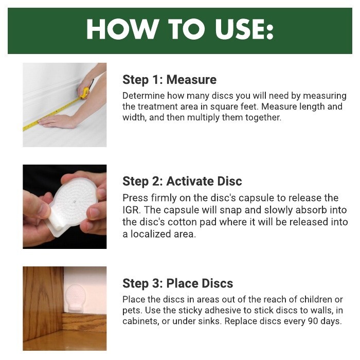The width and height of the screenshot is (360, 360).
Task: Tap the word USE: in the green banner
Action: pyautogui.click(x=244, y=29)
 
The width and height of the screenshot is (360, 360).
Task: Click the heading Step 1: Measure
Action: pyautogui.click(x=169, y=80)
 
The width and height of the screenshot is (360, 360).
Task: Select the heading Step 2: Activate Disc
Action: pyautogui.click(x=182, y=182)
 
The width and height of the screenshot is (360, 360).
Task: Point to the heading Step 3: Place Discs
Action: pyautogui.click(x=178, y=283)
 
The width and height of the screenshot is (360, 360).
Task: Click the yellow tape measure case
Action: pyautogui.click(x=84, y=93)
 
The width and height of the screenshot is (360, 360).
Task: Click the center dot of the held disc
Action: pyautogui.click(x=75, y=202)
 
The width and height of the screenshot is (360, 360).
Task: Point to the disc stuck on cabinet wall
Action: pyautogui.click(x=75, y=297)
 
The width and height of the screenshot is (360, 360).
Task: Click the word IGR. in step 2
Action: pyautogui.click(x=131, y=210)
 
